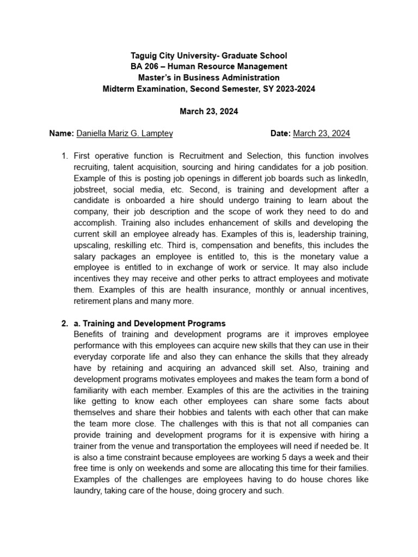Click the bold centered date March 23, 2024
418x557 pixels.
pos(208,111)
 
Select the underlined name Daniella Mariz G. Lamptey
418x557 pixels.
pos(125,133)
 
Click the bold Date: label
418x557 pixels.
pos(281,133)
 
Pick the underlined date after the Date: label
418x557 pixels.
pos(322,133)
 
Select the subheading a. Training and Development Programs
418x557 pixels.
pos(150,324)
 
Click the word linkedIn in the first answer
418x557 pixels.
pos(354,178)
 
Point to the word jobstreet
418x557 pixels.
pos(90,189)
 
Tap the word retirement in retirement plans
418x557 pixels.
pos(93,301)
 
